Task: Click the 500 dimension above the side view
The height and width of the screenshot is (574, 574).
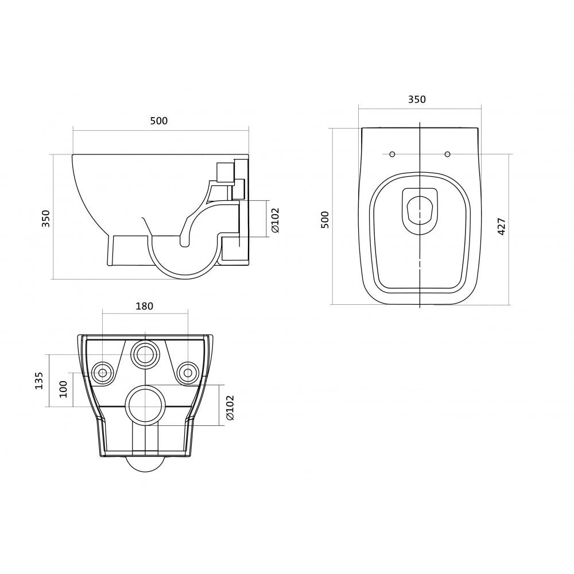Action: pos(159,121)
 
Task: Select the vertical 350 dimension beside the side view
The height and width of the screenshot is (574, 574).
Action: pos(46,218)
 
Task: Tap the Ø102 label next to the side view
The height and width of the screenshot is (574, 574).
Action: pos(275,220)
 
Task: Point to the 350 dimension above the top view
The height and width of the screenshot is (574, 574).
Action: pos(417,99)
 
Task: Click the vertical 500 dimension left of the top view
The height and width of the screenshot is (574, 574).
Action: pos(325,220)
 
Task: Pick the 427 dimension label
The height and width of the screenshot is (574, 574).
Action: pos(502,227)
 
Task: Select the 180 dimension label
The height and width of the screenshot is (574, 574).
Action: pos(144,306)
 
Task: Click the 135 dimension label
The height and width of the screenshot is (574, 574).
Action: pos(39,381)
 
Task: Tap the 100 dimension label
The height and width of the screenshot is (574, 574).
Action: pos(63,390)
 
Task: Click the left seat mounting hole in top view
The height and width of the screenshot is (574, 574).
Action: pos(392,154)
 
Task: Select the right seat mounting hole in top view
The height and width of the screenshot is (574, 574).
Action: pos(447,154)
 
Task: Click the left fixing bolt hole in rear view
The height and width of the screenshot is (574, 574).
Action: pos(103,373)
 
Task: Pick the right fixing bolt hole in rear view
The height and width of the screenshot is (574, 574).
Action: pos(188,373)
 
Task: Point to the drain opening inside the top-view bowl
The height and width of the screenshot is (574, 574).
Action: pos(420,211)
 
